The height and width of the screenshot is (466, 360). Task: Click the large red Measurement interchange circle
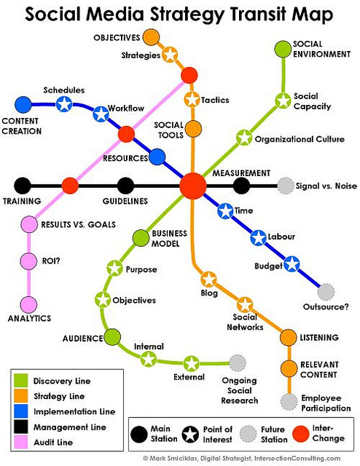point(193,186)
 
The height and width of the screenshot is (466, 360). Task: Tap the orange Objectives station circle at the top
point(151,37)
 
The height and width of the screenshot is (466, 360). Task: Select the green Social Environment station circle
point(283,49)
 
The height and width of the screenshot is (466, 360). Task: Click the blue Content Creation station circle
point(23,105)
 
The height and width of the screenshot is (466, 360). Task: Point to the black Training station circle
point(23,186)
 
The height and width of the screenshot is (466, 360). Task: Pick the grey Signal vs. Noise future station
point(286,186)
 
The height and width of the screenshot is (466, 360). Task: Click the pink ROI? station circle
point(29,261)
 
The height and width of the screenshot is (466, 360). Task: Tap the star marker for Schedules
point(64,104)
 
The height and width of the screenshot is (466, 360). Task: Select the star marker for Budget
point(291,264)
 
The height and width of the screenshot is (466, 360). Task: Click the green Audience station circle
point(112,337)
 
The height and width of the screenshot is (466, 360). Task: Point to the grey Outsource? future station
point(326,292)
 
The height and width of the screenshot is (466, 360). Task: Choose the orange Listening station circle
point(289,337)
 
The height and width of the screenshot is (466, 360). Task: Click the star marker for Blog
point(209,280)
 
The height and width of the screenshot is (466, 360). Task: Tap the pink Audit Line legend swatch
point(21,442)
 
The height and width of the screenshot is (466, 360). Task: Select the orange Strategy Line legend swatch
point(21,396)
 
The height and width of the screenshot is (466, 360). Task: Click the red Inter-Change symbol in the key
point(301,434)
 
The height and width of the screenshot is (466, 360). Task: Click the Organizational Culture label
point(300,139)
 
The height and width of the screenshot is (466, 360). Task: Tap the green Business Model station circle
point(141,238)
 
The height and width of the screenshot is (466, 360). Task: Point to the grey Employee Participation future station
point(289,402)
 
